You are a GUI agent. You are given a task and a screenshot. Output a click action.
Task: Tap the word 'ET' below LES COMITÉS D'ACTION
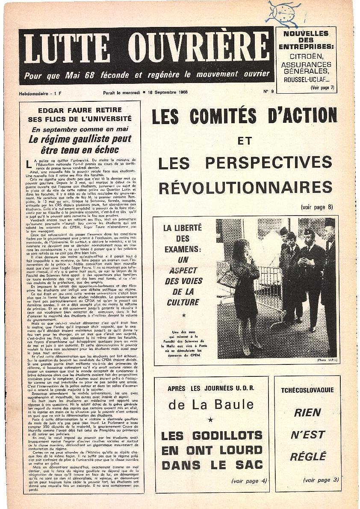[245, 140]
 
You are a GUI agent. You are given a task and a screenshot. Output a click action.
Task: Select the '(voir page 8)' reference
[317, 207]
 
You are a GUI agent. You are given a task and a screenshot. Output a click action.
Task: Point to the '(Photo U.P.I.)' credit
[327, 360]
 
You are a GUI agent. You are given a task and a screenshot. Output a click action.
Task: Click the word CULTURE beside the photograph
[183, 302]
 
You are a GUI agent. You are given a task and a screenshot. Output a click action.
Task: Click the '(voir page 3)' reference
[321, 480]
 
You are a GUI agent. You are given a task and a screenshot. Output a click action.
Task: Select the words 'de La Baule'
[211, 404]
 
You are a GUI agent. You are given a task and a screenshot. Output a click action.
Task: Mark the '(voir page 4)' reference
[249, 480]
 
